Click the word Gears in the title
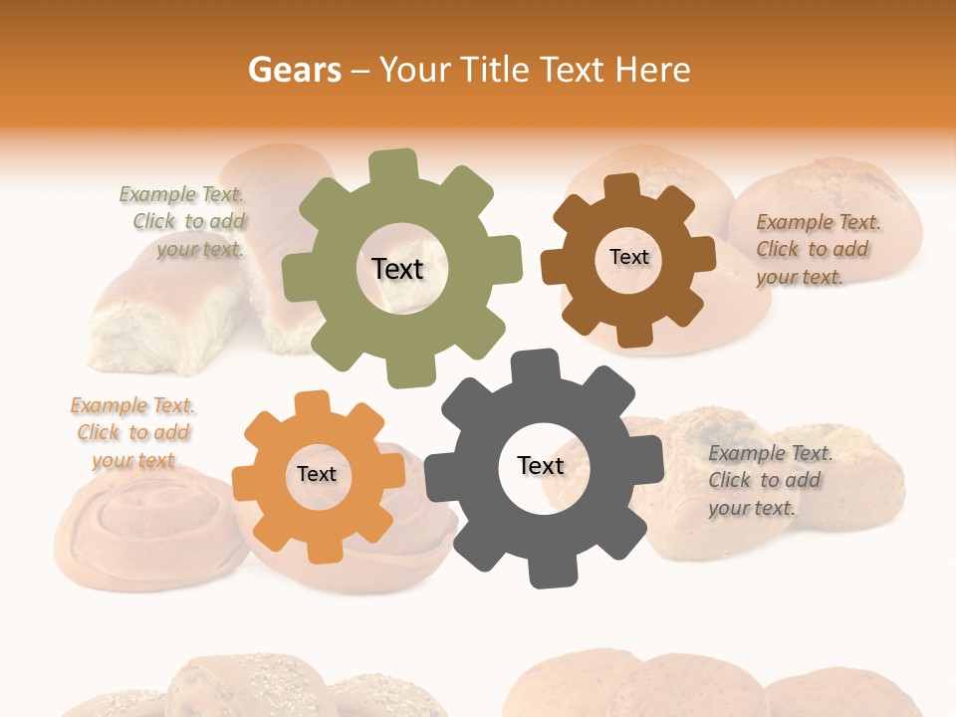294,70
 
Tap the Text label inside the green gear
397,269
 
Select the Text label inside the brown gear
628,257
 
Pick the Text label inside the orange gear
317,474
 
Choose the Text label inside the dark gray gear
540,465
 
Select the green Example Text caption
182,222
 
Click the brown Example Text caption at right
817,249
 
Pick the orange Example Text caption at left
132,432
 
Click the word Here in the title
652,70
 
